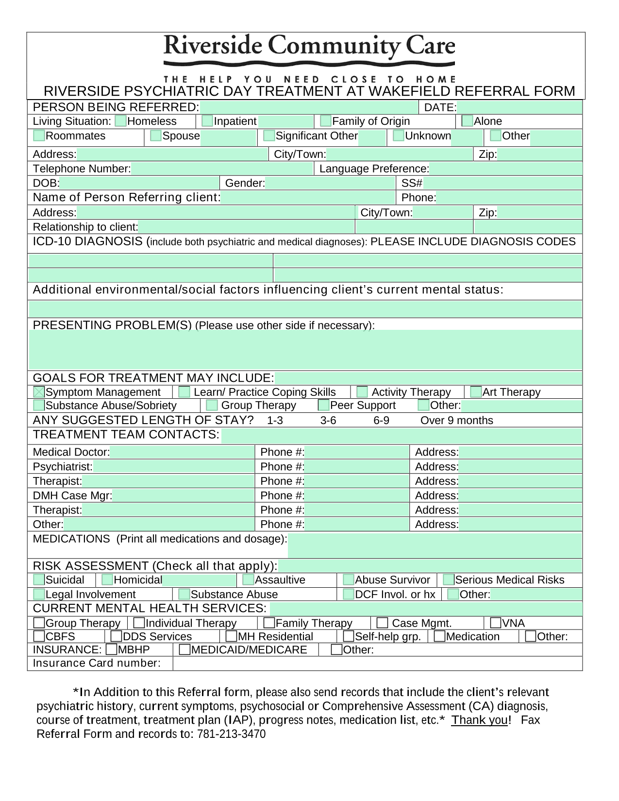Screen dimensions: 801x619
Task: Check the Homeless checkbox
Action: click(121, 121)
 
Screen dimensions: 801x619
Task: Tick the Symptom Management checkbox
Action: click(39, 392)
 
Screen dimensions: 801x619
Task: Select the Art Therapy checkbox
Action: click(476, 392)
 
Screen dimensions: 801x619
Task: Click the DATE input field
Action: click(519, 107)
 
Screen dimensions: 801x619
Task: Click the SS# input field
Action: click(502, 183)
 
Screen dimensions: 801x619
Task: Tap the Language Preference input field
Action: click(505, 169)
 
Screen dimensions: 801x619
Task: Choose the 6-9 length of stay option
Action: click(381, 421)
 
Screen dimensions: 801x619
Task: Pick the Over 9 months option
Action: click(456, 421)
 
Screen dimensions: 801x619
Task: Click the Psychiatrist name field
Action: click(173, 467)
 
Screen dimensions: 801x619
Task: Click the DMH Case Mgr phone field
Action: click(357, 495)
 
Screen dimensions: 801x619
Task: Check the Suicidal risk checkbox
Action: click(39, 579)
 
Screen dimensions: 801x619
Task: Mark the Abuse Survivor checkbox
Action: click(349, 579)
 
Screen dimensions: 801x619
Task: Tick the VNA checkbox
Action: click(496, 623)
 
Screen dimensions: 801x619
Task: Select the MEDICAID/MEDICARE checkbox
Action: click(185, 649)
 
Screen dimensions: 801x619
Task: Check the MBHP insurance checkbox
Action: click(111, 649)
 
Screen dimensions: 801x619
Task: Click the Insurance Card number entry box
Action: click(377, 664)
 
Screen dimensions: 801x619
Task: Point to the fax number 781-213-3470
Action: click(231, 734)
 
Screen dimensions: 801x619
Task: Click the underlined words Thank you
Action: click(479, 720)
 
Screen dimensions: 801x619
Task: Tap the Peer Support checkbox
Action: click(324, 405)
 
